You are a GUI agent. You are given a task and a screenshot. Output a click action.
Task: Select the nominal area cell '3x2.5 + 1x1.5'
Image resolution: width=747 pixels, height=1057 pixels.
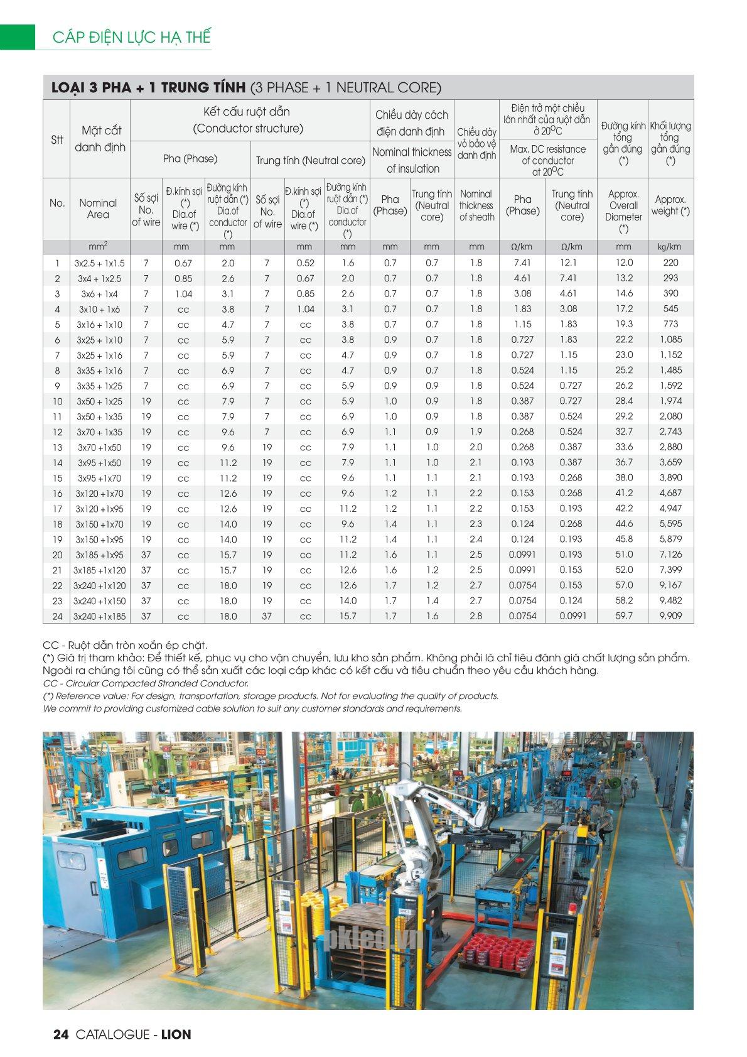pyautogui.click(x=100, y=263)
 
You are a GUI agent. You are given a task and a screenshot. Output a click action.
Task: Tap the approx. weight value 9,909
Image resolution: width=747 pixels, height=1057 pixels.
pyautogui.click(x=670, y=616)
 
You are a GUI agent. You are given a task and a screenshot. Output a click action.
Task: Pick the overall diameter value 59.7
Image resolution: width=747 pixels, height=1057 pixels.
pyautogui.click(x=624, y=616)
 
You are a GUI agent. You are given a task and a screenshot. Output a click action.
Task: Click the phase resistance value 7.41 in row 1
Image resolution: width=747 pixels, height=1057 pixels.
pyautogui.click(x=522, y=263)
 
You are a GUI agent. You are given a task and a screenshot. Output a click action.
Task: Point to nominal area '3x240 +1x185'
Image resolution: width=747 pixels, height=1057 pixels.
pyautogui.click(x=100, y=617)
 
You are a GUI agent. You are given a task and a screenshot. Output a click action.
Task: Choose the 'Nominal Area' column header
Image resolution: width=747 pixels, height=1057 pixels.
pyautogui.click(x=98, y=209)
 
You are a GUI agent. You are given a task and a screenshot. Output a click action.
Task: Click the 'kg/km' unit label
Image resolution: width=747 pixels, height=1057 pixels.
pyautogui.click(x=670, y=247)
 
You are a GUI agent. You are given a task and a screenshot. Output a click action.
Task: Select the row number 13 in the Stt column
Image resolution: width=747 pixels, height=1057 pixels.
pyautogui.click(x=57, y=448)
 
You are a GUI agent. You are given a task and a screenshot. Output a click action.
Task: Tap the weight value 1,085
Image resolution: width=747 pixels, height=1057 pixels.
pyautogui.click(x=670, y=340)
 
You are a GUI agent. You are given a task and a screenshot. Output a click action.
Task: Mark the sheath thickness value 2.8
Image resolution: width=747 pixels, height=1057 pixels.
pyautogui.click(x=476, y=616)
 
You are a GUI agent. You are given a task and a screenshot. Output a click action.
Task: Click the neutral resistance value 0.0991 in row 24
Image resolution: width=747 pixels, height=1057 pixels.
pyautogui.click(x=572, y=616)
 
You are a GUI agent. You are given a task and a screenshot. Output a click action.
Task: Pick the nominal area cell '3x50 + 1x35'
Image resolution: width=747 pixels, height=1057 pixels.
pyautogui.click(x=100, y=417)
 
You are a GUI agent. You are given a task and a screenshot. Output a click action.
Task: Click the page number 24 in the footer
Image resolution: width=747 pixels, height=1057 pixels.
pyautogui.click(x=61, y=1034)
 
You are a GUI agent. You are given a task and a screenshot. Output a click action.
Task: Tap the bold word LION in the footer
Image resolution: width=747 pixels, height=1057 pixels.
pyautogui.click(x=176, y=1034)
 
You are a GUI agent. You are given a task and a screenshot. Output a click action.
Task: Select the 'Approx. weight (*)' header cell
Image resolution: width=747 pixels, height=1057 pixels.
pyautogui.click(x=670, y=205)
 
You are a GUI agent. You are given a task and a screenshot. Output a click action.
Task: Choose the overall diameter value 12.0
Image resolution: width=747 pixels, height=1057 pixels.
pyautogui.click(x=624, y=263)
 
